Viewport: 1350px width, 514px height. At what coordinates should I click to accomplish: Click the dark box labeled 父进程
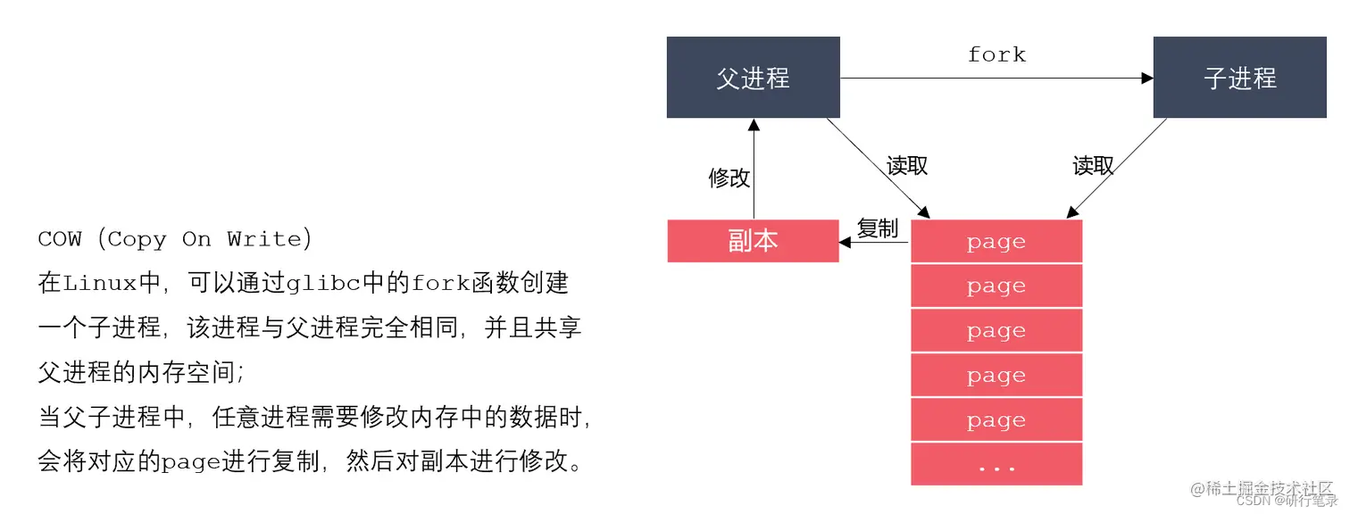tap(753, 78)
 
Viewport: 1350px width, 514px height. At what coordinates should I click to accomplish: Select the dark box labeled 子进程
tap(1239, 78)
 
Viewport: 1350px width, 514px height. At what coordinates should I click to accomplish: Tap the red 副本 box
tap(753, 241)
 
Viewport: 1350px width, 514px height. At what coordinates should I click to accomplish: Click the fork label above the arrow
tap(996, 54)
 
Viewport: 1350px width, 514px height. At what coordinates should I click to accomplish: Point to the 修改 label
tap(729, 178)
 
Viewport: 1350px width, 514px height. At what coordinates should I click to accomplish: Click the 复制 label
tap(877, 228)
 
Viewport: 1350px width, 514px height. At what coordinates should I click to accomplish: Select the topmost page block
tap(996, 242)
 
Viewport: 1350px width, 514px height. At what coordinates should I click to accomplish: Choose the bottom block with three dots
tap(996, 465)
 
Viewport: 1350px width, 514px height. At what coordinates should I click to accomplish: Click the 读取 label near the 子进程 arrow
tap(1093, 166)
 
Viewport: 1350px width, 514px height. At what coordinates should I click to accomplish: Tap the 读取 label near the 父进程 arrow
tap(907, 166)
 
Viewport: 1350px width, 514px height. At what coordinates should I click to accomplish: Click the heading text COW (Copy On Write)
tap(175, 239)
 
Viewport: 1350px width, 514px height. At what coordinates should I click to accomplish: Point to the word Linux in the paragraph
tap(98, 284)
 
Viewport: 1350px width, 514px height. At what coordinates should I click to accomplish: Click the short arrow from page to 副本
tap(874, 242)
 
